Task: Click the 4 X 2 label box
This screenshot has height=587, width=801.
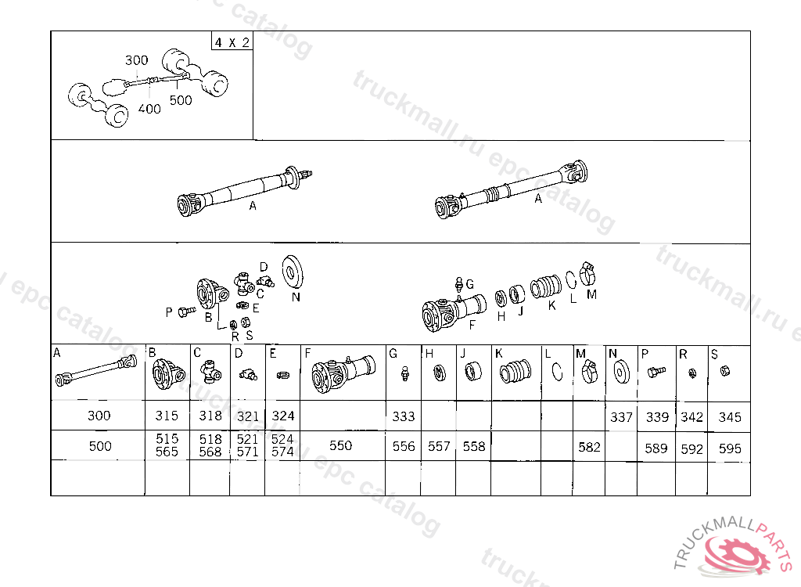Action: click(x=232, y=41)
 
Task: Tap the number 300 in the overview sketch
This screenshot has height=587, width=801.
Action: click(x=136, y=60)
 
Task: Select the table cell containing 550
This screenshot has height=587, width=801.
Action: click(x=340, y=446)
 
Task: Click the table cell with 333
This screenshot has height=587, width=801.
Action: click(x=404, y=416)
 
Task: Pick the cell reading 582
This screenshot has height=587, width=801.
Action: click(x=589, y=447)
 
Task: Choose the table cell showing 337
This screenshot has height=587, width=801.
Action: click(x=621, y=417)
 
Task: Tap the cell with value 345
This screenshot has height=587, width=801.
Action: click(x=729, y=417)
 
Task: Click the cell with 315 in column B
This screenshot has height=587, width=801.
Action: click(x=167, y=416)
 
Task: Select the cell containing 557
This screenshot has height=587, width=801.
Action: click(x=439, y=447)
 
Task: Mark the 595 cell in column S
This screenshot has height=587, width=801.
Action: click(x=729, y=449)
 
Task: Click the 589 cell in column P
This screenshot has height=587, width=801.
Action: click(x=657, y=449)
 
